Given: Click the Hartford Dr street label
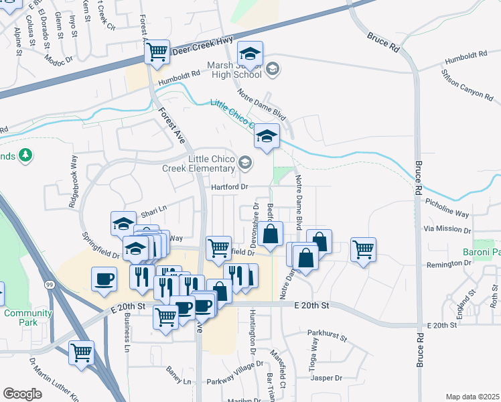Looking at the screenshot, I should [230, 187].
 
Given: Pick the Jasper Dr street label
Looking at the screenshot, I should [327, 378].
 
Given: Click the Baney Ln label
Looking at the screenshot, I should [179, 381].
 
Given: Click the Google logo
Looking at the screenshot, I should [22, 393].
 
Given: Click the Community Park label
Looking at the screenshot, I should [27, 318].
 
